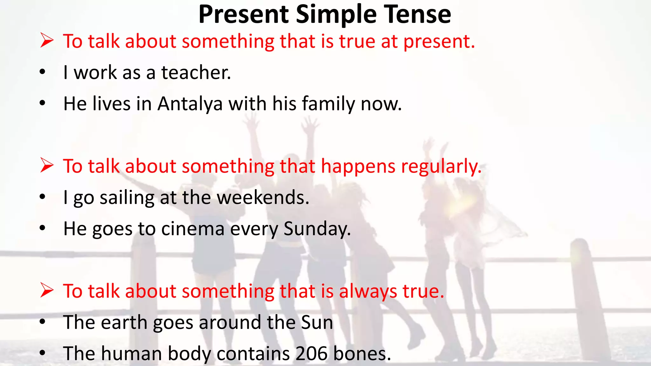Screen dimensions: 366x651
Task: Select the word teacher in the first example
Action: pos(196,72)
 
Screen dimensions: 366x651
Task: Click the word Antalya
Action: pos(190,104)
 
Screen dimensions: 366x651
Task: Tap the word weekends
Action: pos(263,197)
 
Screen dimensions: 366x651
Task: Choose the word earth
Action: pos(124,322)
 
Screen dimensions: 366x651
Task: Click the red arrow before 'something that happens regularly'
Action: pos(47,166)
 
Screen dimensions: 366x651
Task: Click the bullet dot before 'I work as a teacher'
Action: pos(43,72)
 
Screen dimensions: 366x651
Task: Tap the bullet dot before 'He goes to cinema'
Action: pos(43,228)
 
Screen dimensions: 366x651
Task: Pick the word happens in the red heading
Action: pos(358,166)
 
